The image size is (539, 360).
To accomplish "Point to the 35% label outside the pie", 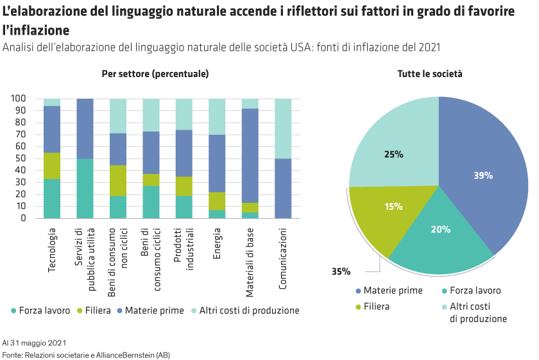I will [341, 271].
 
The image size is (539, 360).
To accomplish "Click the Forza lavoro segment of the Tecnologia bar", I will [52, 198].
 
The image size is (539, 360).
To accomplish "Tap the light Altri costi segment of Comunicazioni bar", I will [283, 128].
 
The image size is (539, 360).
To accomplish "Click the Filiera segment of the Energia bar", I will [218, 201].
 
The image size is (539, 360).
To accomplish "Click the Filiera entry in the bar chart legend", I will [97, 310].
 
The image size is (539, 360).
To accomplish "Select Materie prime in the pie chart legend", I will [393, 290].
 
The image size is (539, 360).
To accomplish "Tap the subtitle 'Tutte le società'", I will [429, 74].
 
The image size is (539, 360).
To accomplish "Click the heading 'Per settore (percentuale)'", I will [155, 74].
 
